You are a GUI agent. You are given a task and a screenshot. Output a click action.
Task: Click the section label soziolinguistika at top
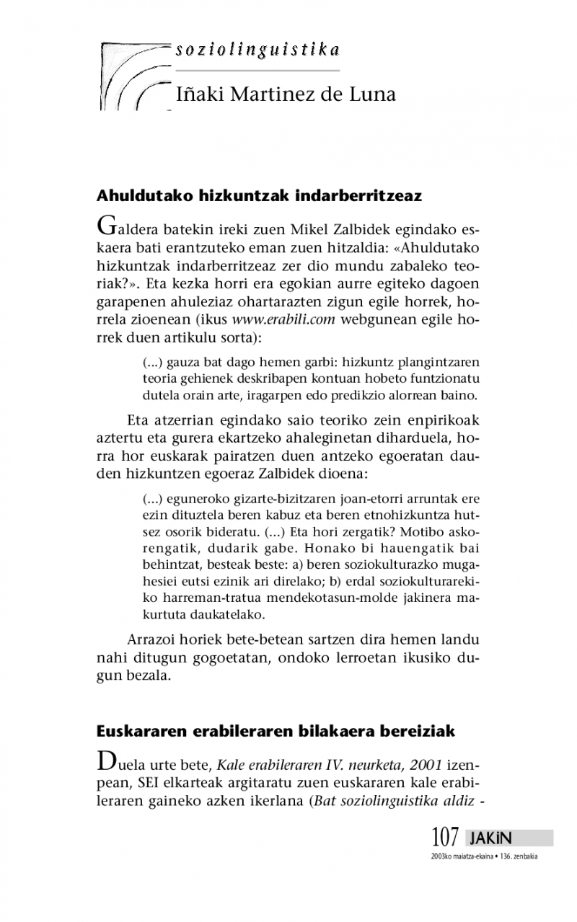pos(257,50)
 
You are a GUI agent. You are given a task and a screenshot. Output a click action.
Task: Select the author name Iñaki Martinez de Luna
pos(286,94)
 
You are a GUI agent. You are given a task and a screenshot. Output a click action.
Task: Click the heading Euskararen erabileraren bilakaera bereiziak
pos(276,731)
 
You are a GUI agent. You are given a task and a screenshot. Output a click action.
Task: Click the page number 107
pos(445,838)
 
